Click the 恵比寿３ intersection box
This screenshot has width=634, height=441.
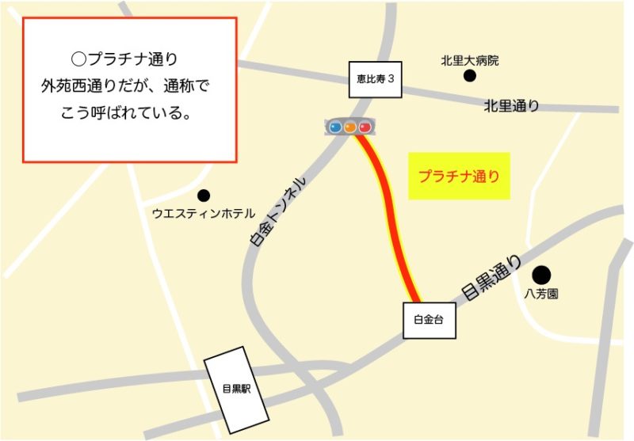click(376, 79)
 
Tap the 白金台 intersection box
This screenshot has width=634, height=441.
click(430, 321)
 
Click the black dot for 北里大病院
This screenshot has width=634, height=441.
click(470, 76)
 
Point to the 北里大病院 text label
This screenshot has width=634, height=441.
click(470, 60)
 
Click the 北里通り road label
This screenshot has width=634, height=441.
click(511, 105)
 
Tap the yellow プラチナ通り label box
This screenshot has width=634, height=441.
click(459, 176)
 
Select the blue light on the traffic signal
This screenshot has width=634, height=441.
click(335, 127)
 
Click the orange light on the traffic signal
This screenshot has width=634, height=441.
click(350, 127)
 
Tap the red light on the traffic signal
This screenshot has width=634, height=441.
click(365, 127)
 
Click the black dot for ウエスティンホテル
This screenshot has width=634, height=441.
click(204, 195)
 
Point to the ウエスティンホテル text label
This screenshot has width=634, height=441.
click(204, 214)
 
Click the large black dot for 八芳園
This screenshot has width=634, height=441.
click(541, 275)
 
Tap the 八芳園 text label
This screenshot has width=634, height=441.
click(542, 294)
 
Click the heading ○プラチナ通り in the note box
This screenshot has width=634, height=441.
click(129, 59)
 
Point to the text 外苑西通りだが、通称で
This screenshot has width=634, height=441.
click(129, 86)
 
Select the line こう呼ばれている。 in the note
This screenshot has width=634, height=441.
click(129, 112)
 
